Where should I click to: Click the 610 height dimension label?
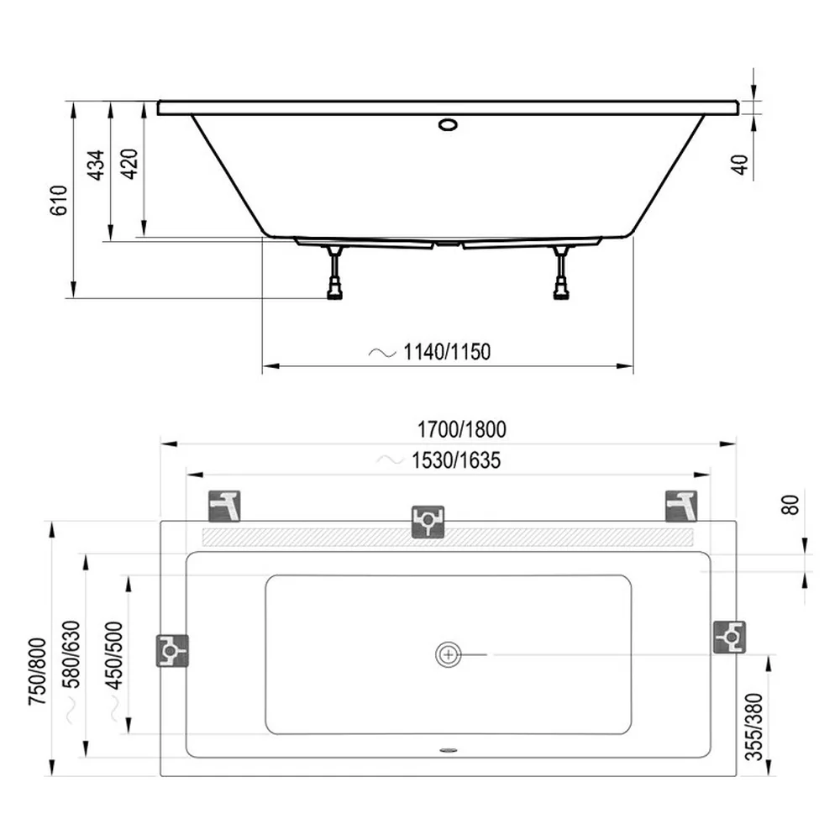point(59,201)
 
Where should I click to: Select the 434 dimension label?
point(96,165)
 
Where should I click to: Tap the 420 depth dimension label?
point(129,164)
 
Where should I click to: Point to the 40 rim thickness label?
point(739,165)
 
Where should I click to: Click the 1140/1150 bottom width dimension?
point(447,352)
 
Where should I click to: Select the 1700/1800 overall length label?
point(461,429)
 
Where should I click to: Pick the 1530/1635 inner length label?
point(456,460)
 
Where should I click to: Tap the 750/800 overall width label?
point(38,671)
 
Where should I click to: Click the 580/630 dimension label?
point(71,654)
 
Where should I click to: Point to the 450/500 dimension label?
point(113,655)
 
